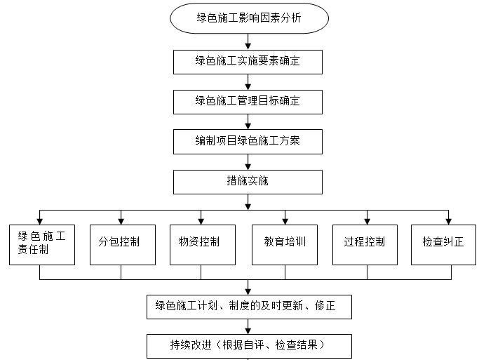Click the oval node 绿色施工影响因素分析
click(x=248, y=18)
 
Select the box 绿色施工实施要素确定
click(x=248, y=61)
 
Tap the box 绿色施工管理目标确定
click(x=248, y=101)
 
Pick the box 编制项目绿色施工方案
click(x=248, y=141)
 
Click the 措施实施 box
click(x=248, y=182)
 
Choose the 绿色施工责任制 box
click(x=41, y=244)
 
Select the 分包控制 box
click(x=122, y=244)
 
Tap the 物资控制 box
click(x=202, y=244)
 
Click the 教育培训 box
click(x=285, y=244)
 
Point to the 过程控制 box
click(x=365, y=244)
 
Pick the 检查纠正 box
click(x=444, y=244)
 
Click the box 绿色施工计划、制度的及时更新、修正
click(x=248, y=307)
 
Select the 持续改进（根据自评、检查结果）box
click(x=248, y=346)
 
